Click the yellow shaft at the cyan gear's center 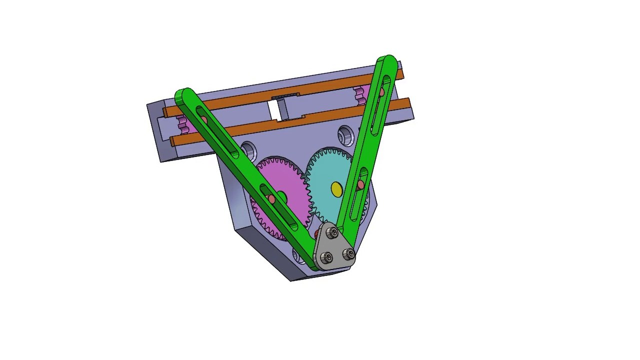(337, 189)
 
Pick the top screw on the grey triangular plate (333, 233)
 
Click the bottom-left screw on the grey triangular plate (326, 257)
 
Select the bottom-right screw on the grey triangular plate (349, 254)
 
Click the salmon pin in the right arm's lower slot (361, 185)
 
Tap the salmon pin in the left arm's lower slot (271, 199)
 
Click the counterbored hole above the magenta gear (247, 149)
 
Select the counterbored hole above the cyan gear (345, 134)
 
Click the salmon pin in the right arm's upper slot (381, 92)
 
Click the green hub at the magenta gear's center (281, 196)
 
